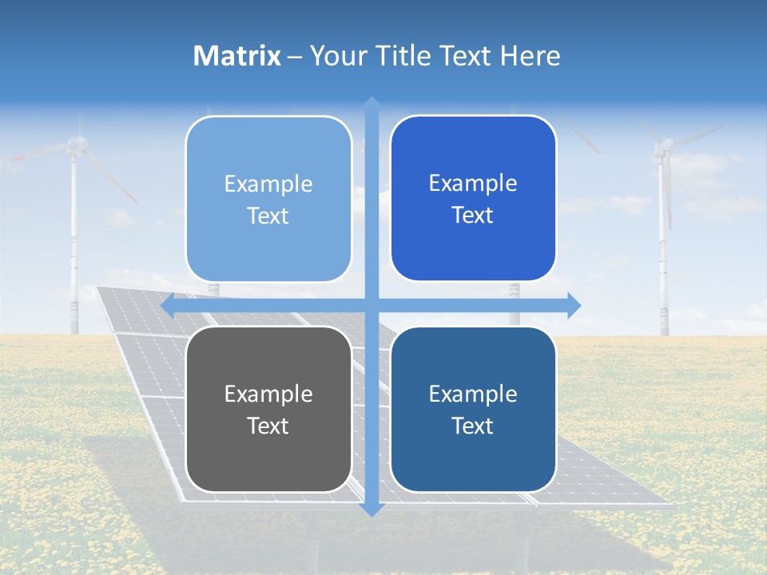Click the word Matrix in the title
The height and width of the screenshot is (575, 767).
(237, 56)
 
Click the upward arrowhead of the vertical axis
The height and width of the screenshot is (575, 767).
(372, 103)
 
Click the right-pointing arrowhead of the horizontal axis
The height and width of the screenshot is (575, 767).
(574, 305)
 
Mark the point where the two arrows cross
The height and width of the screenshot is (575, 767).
(372, 305)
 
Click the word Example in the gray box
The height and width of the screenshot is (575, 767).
(268, 394)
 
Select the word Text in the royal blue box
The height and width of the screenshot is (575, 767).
(473, 216)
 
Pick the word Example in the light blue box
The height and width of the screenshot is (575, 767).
(268, 184)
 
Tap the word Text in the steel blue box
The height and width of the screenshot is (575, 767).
(473, 426)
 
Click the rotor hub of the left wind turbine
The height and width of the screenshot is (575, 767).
(76, 144)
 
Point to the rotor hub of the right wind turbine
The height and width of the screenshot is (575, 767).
(663, 146)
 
